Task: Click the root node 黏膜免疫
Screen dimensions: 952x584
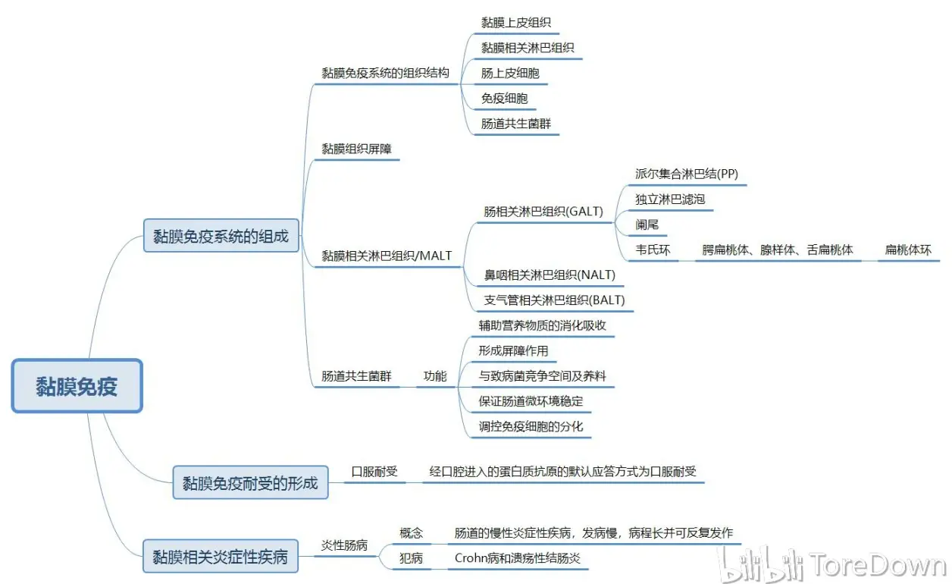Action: click(x=77, y=386)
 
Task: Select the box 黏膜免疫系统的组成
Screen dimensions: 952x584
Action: click(x=221, y=236)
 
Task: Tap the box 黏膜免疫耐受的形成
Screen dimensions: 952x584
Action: click(x=250, y=482)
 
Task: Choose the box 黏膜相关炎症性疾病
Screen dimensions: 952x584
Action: click(x=221, y=557)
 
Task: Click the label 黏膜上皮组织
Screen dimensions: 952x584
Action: click(x=516, y=23)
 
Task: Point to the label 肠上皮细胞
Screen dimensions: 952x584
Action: click(x=510, y=73)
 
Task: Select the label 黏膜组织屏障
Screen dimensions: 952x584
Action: click(x=356, y=149)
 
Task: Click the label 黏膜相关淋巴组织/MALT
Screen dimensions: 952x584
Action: click(x=387, y=256)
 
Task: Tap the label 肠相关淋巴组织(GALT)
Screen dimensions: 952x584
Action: click(x=543, y=212)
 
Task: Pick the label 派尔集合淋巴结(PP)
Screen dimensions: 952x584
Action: click(x=687, y=174)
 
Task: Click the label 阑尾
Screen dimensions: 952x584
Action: click(x=647, y=224)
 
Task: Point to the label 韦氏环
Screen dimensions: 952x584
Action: click(x=653, y=250)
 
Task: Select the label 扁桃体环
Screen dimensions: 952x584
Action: click(x=908, y=250)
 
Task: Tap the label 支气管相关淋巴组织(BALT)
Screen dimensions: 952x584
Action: click(x=554, y=300)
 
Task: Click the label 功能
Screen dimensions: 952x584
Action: click(x=435, y=376)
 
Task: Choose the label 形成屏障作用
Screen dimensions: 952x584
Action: click(x=513, y=350)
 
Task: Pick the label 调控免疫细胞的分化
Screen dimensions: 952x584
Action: click(x=531, y=426)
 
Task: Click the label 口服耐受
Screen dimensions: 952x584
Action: click(x=374, y=471)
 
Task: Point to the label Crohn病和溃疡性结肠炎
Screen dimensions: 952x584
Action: click(x=517, y=558)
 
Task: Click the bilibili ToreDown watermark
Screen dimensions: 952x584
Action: click(x=833, y=564)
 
